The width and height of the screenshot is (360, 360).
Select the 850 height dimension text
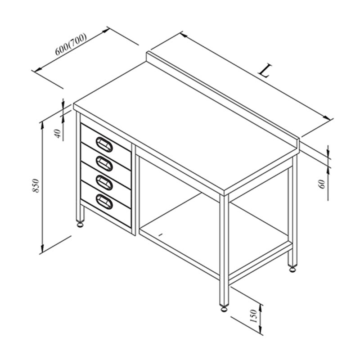[36, 185]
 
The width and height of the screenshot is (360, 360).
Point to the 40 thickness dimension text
[58, 133]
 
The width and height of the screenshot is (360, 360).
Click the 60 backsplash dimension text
[322, 184]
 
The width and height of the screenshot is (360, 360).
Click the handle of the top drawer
[104, 144]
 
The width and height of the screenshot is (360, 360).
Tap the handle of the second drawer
[104, 163]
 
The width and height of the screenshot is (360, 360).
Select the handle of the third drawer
[104, 183]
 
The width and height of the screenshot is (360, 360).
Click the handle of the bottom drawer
[104, 202]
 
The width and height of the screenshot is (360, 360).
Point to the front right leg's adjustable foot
[224, 308]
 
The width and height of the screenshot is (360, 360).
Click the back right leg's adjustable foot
[292, 269]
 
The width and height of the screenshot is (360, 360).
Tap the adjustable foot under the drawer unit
[80, 224]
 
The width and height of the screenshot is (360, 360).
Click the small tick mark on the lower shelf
[161, 234]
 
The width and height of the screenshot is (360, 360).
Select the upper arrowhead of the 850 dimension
[42, 125]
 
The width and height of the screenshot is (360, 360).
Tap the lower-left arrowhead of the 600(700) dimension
[38, 69]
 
